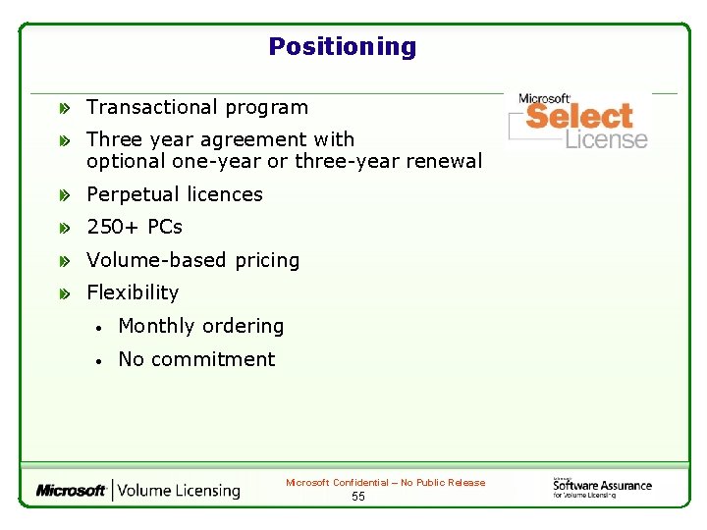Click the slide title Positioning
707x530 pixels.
point(342,46)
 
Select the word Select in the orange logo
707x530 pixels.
point(579,116)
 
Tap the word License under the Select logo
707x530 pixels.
point(606,139)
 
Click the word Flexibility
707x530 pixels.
point(133,292)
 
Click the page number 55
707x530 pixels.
point(358,497)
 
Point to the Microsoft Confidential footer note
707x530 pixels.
point(385,482)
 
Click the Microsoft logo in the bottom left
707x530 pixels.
point(71,490)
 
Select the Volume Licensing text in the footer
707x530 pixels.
point(178,490)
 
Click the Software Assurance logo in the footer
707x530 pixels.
point(601,486)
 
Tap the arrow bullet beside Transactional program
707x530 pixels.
point(64,108)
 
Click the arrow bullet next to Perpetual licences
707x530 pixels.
point(64,195)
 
